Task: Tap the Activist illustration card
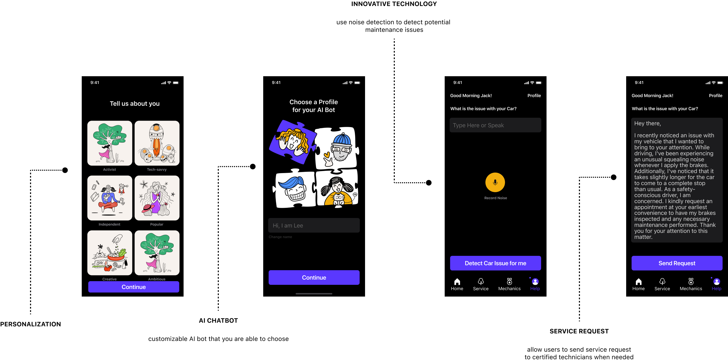point(110,143)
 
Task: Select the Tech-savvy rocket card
point(157,143)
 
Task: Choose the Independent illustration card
point(110,198)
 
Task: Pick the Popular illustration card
point(157,198)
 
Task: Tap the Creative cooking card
point(110,253)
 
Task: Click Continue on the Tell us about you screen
point(133,287)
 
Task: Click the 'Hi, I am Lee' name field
point(314,226)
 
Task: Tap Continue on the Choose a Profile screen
point(314,278)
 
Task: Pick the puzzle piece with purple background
point(292,141)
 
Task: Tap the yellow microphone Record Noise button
point(495,182)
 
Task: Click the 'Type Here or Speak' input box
point(495,125)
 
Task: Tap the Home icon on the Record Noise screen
point(457,284)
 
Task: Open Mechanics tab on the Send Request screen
point(691,284)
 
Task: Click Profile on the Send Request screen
point(715,96)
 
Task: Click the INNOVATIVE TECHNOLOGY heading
point(394,4)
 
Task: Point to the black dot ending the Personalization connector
point(65,170)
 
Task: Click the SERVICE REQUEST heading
point(579,331)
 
